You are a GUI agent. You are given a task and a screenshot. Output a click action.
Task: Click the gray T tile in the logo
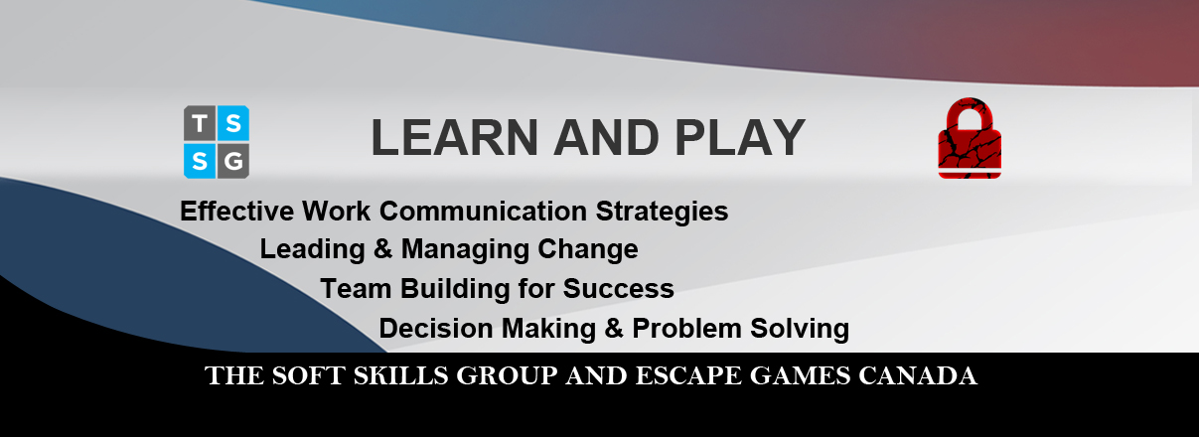pyautogui.click(x=200, y=123)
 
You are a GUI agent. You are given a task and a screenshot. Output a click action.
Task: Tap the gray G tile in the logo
pyautogui.click(x=233, y=161)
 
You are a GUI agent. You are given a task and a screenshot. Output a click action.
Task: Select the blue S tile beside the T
pyautogui.click(x=233, y=123)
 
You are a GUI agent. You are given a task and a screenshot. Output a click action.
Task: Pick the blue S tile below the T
pyautogui.click(x=200, y=161)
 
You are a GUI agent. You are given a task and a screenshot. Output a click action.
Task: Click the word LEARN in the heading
pyautogui.click(x=454, y=137)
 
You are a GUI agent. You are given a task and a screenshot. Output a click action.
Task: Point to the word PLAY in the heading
pyautogui.click(x=740, y=137)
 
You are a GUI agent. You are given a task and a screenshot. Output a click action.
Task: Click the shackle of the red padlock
pyautogui.click(x=970, y=114)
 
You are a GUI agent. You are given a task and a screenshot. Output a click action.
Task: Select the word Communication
pyautogui.click(x=484, y=211)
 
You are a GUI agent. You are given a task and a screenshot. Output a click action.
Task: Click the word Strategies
pyautogui.click(x=663, y=213)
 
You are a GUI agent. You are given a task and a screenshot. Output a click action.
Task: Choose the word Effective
pyautogui.click(x=236, y=211)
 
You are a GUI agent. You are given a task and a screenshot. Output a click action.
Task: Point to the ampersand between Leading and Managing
pyautogui.click(x=383, y=249)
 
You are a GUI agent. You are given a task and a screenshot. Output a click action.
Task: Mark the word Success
pyautogui.click(x=618, y=289)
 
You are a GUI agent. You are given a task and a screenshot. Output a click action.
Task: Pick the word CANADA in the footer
pyautogui.click(x=918, y=375)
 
